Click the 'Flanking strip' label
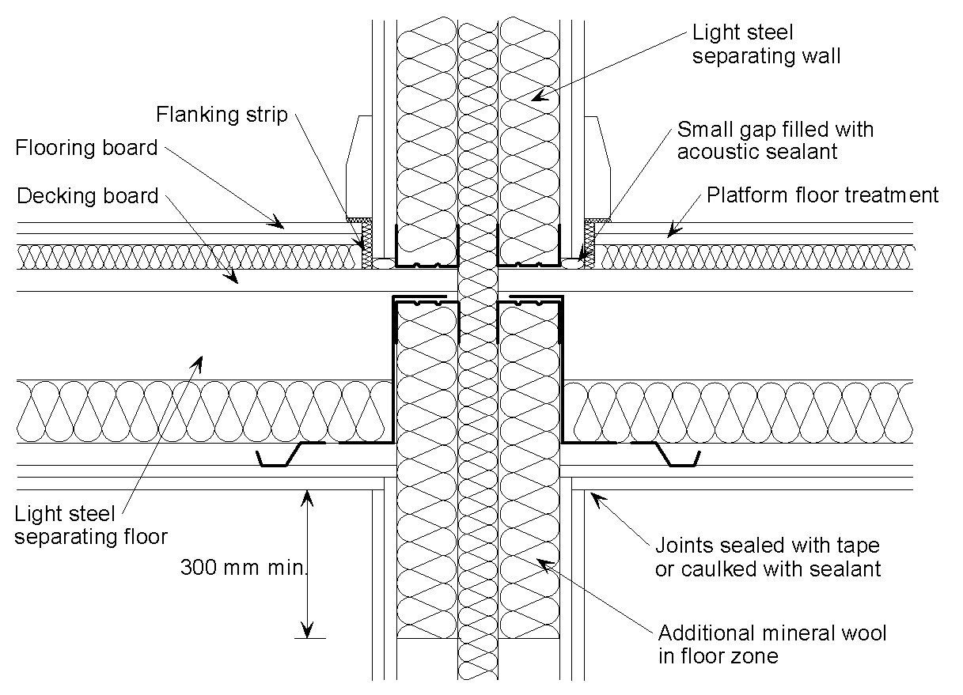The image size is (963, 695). coord(222,115)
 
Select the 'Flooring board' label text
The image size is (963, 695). coord(87,148)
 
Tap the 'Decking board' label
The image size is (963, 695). coord(88,195)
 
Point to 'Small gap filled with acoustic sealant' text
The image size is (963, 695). coord(775,140)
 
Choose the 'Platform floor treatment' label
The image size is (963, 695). coord(822,195)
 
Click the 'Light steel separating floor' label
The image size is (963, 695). coord(91,525)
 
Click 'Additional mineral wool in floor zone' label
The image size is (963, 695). coord(772,644)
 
